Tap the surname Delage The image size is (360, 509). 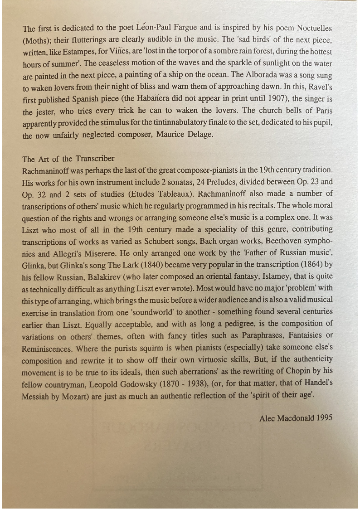(197, 135)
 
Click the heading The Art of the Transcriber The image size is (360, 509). (68, 159)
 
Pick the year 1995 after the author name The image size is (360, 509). (324, 418)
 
